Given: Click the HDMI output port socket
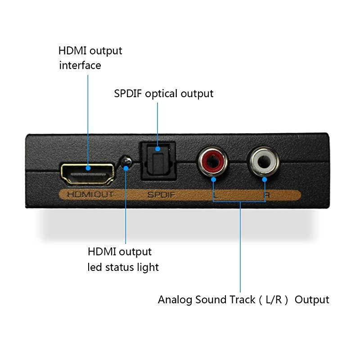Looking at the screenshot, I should pos(87,174).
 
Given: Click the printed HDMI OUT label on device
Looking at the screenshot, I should pos(90,195).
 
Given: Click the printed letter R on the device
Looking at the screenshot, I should pos(266,195).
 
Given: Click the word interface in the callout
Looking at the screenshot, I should pos(80,65).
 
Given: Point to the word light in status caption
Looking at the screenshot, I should pos(148,267).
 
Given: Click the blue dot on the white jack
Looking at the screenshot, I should pos(265,179).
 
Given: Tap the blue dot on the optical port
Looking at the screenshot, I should pos(157,148).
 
